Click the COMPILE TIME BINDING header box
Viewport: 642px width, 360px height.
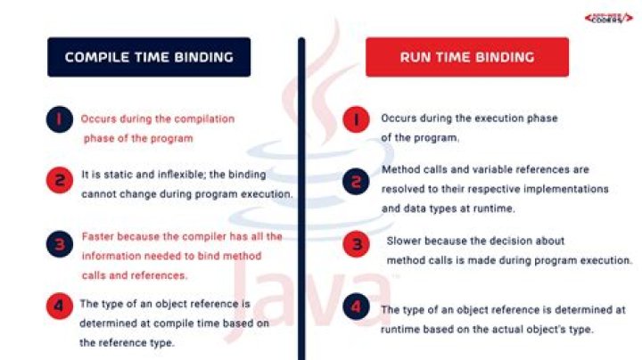click(149, 57)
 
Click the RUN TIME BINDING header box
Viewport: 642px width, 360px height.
click(467, 57)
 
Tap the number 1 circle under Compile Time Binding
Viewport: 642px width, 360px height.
click(60, 120)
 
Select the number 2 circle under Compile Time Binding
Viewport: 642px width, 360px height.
click(60, 180)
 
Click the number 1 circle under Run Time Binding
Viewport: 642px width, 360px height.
click(358, 119)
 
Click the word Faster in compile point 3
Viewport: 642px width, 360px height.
click(96, 237)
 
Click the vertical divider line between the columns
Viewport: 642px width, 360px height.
click(300, 196)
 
